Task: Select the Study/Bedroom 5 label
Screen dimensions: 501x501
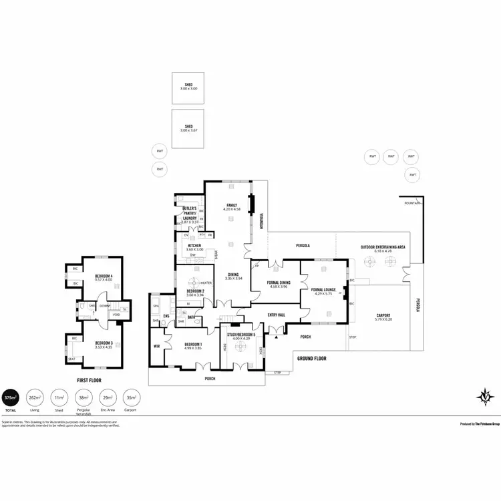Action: click(x=240, y=336)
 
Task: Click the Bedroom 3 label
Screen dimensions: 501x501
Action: click(x=103, y=344)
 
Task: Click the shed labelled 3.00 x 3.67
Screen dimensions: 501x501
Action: click(x=189, y=128)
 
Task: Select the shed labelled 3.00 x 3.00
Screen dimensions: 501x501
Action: click(x=189, y=86)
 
